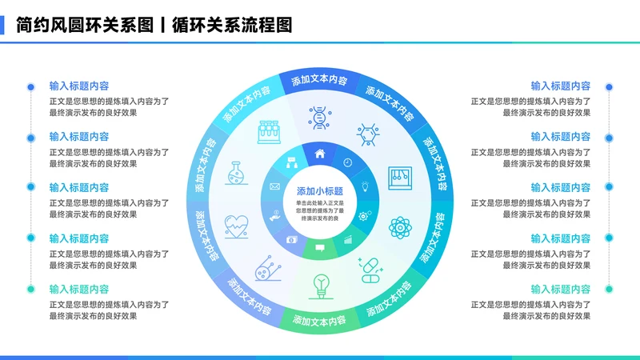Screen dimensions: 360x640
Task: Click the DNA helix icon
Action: (x=320, y=118)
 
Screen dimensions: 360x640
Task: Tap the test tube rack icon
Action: (x=267, y=131)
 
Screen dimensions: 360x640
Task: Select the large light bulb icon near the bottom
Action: (x=321, y=285)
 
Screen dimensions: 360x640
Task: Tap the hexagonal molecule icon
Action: (x=367, y=133)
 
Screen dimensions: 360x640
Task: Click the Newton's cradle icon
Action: (x=400, y=178)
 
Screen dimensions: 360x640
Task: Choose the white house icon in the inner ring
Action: (x=320, y=154)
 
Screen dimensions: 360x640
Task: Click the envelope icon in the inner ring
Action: (x=274, y=186)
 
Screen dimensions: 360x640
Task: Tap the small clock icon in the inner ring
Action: (x=348, y=162)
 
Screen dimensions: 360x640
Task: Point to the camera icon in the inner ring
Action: (x=292, y=239)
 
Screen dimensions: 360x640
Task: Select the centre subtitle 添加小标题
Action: (x=319, y=191)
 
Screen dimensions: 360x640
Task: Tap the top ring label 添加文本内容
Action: (x=319, y=81)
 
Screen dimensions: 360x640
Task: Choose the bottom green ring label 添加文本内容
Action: (x=319, y=321)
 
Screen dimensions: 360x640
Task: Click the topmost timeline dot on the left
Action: (x=30, y=86)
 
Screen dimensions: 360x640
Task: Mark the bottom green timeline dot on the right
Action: (x=609, y=290)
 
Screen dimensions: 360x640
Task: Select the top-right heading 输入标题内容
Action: (x=561, y=86)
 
